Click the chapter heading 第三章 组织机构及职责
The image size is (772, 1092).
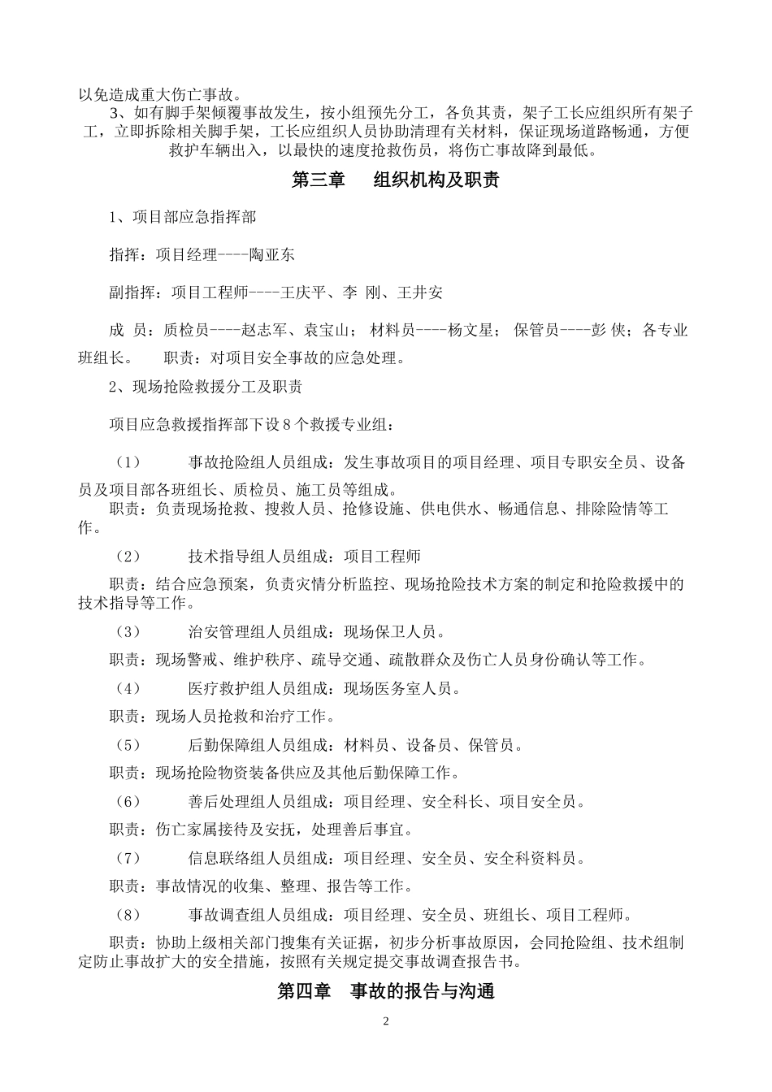pos(394,180)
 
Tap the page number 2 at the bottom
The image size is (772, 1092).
pos(386,1021)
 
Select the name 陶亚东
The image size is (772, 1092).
pos(272,254)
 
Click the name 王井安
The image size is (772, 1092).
pos(419,292)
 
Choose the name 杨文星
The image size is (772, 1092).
pos(471,331)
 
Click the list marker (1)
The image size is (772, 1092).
pos(128,463)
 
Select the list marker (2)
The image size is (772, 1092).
pos(128,557)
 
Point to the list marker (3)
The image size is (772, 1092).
pos(128,632)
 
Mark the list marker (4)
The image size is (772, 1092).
pos(128,689)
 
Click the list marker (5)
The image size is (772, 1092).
pos(128,745)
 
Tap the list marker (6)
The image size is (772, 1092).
pos(128,802)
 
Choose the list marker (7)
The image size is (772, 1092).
pos(128,858)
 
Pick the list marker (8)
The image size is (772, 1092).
pos(128,915)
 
